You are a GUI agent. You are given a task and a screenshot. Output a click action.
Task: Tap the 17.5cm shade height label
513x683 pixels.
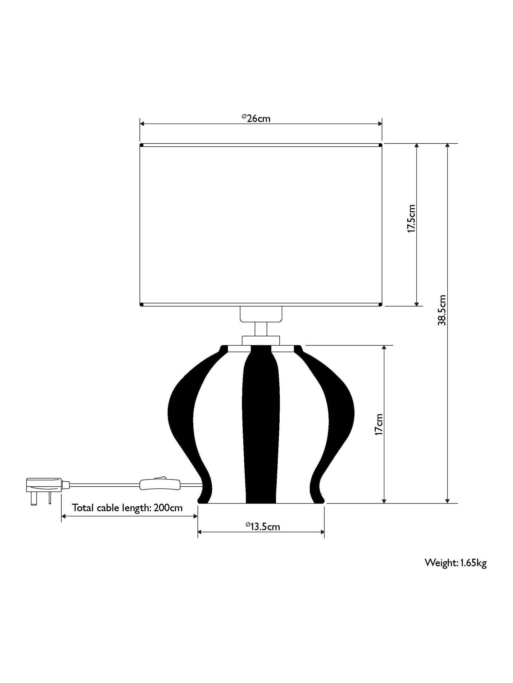coord(411,218)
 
